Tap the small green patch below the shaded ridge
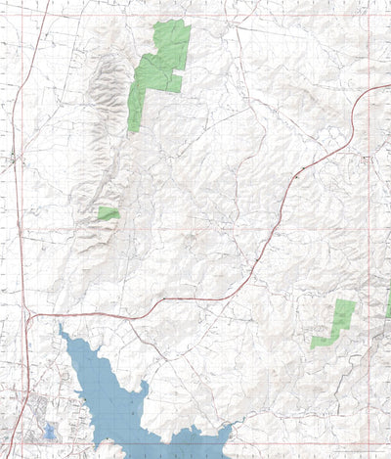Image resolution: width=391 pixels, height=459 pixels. tap(108, 213)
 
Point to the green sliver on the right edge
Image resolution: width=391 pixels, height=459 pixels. tap(388, 308)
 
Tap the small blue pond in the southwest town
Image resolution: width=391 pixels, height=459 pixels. tap(50, 432)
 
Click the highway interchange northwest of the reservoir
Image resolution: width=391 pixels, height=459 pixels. tap(29, 316)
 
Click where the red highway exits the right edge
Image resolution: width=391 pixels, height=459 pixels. tap(389, 86)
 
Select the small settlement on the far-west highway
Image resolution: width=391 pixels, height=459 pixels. tap(13, 157)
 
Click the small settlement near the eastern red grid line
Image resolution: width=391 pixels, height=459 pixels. tap(366, 159)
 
